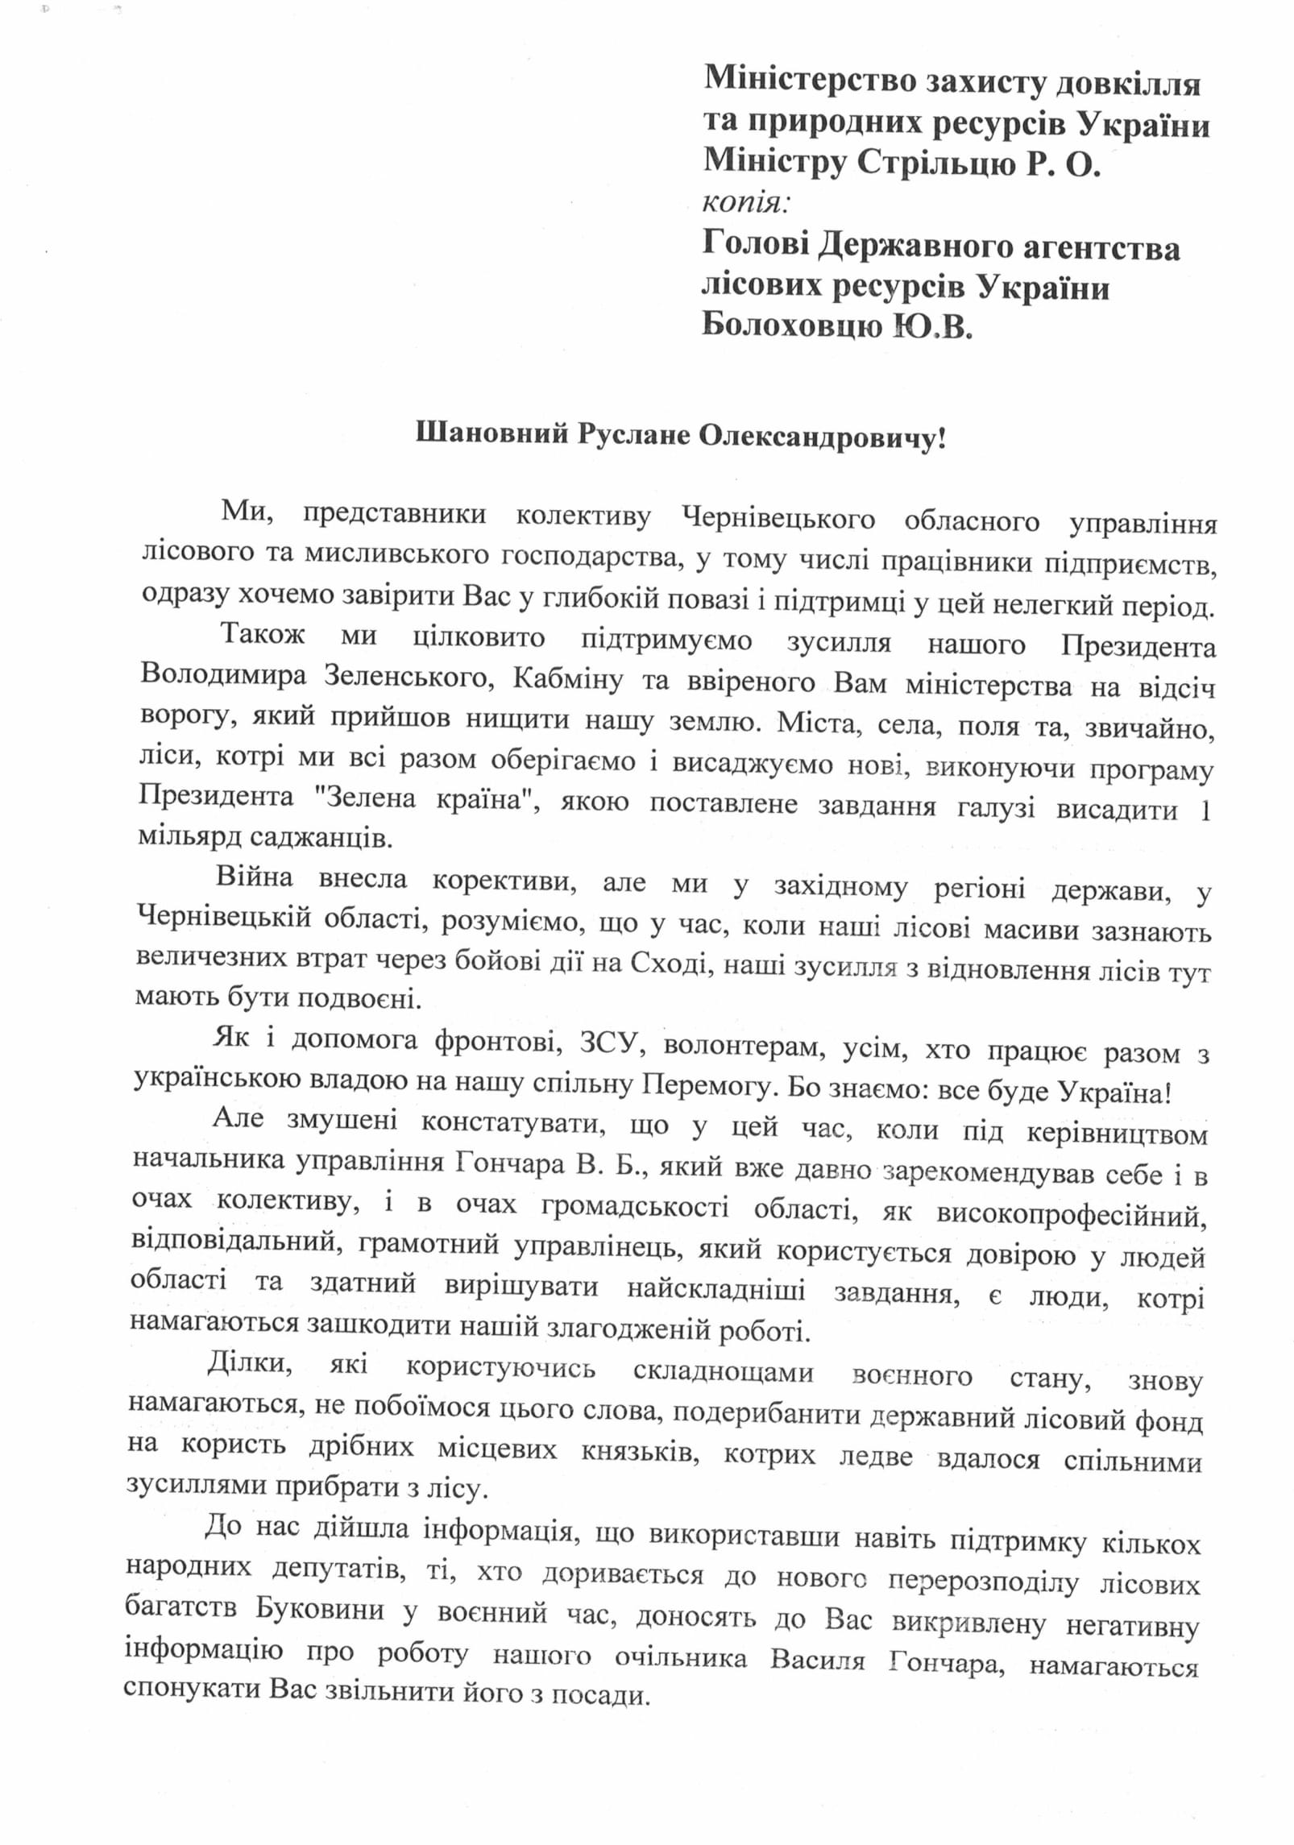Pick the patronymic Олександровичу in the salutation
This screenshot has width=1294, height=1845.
click(x=822, y=437)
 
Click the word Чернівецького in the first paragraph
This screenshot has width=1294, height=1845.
click(x=778, y=518)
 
